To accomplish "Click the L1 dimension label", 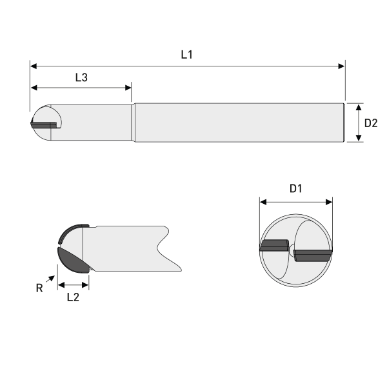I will click(186, 55).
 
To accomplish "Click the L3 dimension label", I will click(81, 77).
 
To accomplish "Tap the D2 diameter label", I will click(371, 123).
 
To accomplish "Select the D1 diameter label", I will click(296, 189).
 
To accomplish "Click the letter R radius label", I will click(39, 288).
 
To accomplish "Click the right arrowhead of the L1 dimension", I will click(341, 66).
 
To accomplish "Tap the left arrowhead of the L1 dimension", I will click(34, 66).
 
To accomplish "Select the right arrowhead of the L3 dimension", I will click(128, 88).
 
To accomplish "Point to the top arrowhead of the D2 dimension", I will click(359, 106).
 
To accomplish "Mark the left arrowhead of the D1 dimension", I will click(263, 202).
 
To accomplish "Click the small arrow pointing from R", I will click(51, 278).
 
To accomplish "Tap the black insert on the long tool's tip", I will click(45, 122).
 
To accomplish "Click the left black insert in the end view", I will click(274, 245).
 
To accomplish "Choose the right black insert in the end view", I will click(313, 255).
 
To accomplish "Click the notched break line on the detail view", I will click(163, 246).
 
